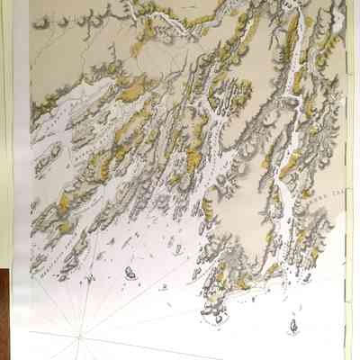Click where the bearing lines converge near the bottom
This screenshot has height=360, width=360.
tap(79, 337)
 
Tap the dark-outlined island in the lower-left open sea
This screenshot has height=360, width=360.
tap(130, 273)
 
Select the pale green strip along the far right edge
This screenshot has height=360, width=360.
tap(352, 180)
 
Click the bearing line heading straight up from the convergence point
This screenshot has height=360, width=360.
tap(80, 297)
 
